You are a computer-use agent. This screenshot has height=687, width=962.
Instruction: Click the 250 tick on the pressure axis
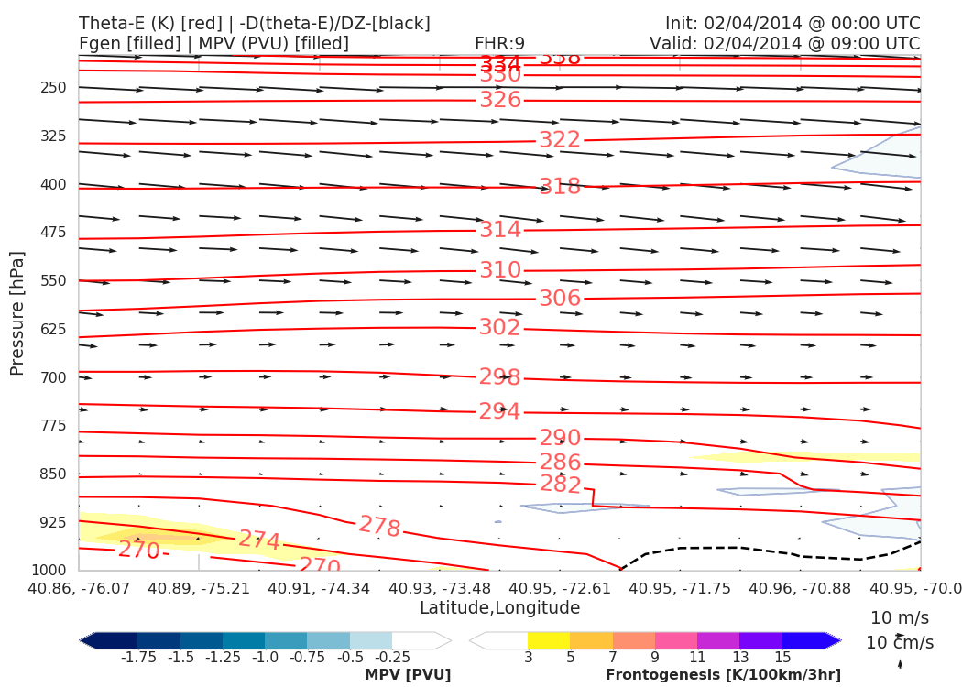(x=54, y=88)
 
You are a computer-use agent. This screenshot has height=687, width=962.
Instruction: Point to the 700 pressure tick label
(x=54, y=377)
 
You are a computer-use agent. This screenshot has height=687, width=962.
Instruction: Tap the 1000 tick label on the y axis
(x=50, y=571)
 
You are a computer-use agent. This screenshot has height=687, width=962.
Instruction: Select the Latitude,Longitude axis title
(x=499, y=608)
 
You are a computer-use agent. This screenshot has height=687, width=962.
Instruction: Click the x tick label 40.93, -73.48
(x=440, y=587)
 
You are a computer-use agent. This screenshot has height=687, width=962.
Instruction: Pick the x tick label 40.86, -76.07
(x=80, y=587)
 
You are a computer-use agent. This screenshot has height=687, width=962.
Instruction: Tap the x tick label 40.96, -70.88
(x=800, y=587)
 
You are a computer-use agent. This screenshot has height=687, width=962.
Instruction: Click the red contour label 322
(x=559, y=140)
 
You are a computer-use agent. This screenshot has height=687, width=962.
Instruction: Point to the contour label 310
(x=500, y=270)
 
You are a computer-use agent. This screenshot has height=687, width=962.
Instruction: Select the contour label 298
(x=500, y=377)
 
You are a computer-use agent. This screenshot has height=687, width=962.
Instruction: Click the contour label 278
(x=379, y=527)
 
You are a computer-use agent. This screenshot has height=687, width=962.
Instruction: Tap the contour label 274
(x=259, y=540)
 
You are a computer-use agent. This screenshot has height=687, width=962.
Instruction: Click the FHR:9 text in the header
(x=499, y=43)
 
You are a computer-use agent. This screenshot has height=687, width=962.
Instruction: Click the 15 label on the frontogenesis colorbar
(x=782, y=658)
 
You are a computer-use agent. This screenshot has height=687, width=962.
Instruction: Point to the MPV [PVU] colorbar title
(x=408, y=675)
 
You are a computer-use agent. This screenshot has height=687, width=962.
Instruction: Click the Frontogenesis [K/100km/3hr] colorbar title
(x=723, y=675)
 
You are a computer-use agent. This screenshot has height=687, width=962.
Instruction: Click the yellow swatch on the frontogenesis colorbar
(x=548, y=640)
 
